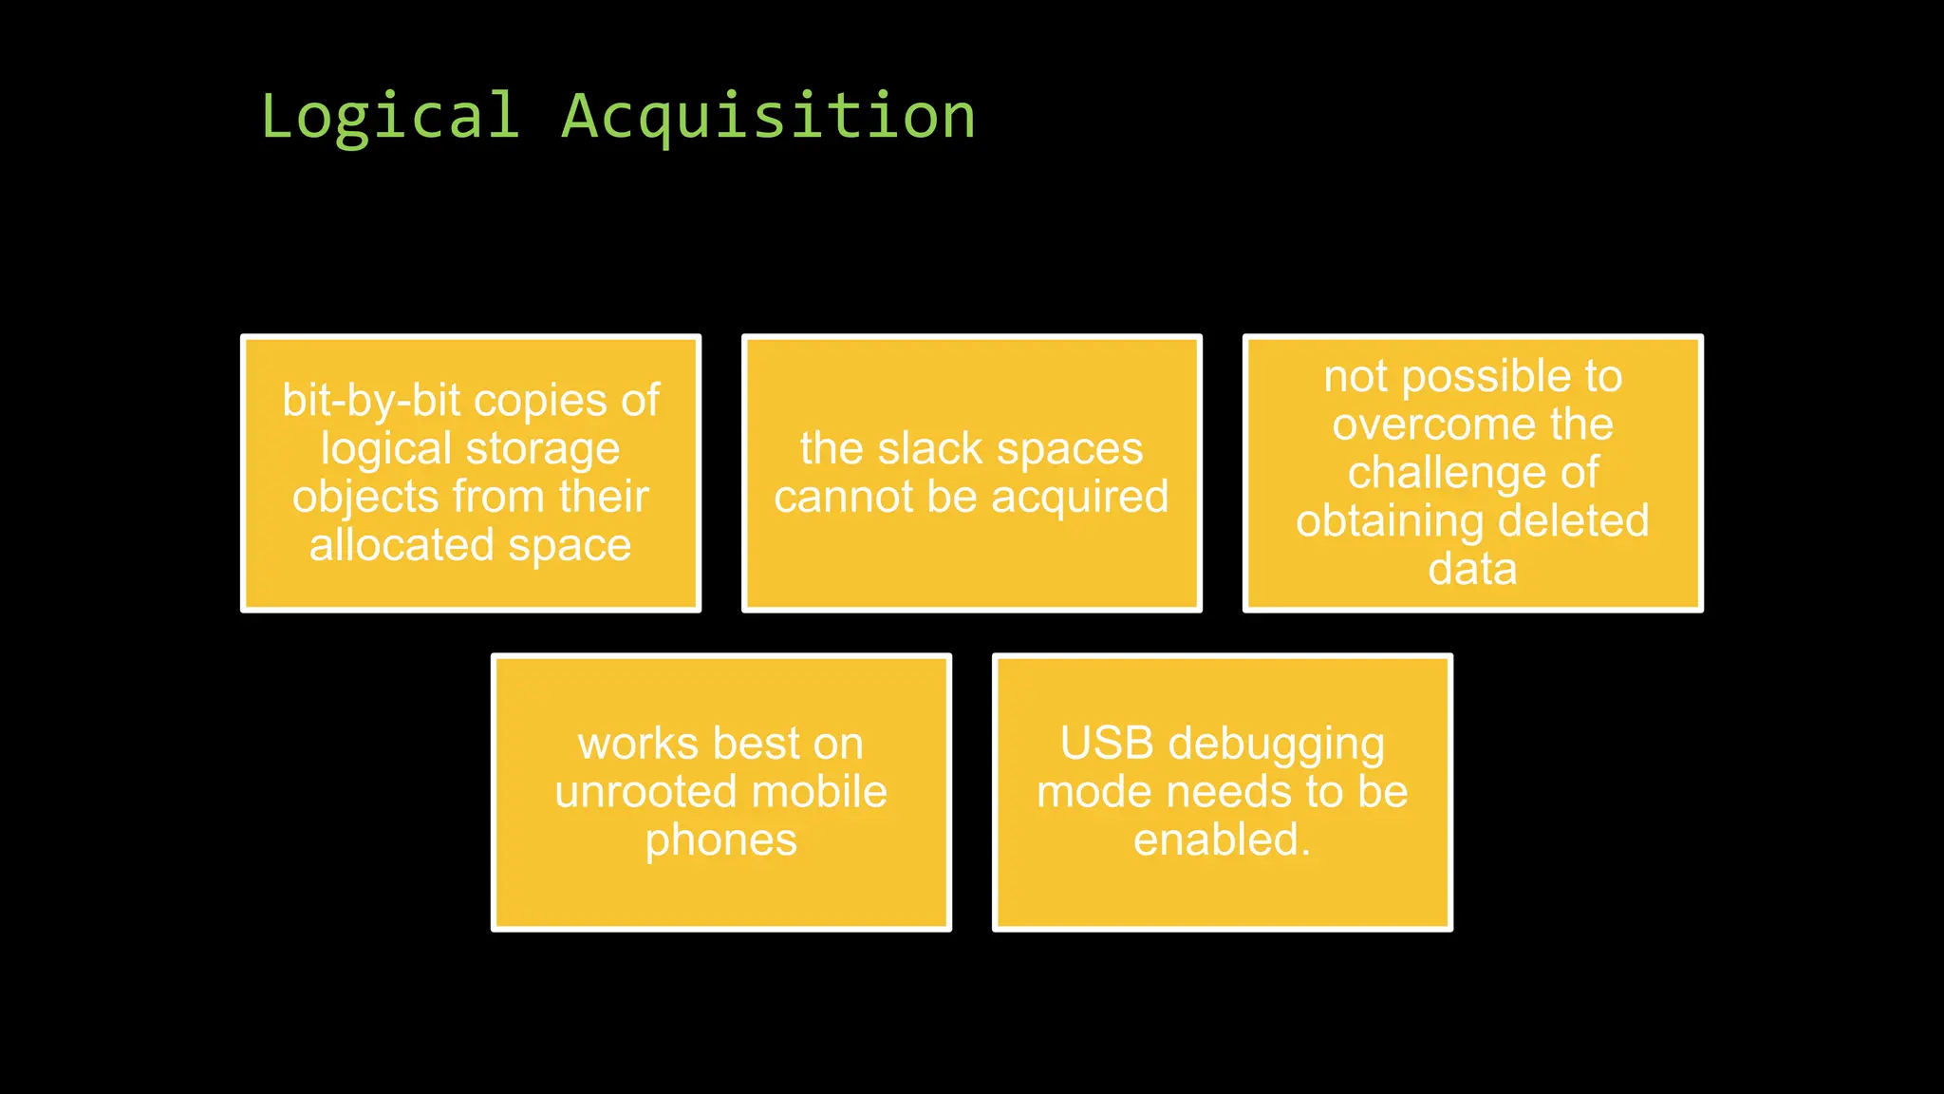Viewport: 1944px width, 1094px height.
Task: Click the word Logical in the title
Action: (389, 117)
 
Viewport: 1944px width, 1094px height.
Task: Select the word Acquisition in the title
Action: (769, 117)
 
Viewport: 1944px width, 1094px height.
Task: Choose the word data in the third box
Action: (1472, 569)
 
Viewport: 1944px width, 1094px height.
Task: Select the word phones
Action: (721, 840)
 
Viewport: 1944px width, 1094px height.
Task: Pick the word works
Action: (638, 744)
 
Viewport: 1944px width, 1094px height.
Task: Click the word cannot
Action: (843, 497)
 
